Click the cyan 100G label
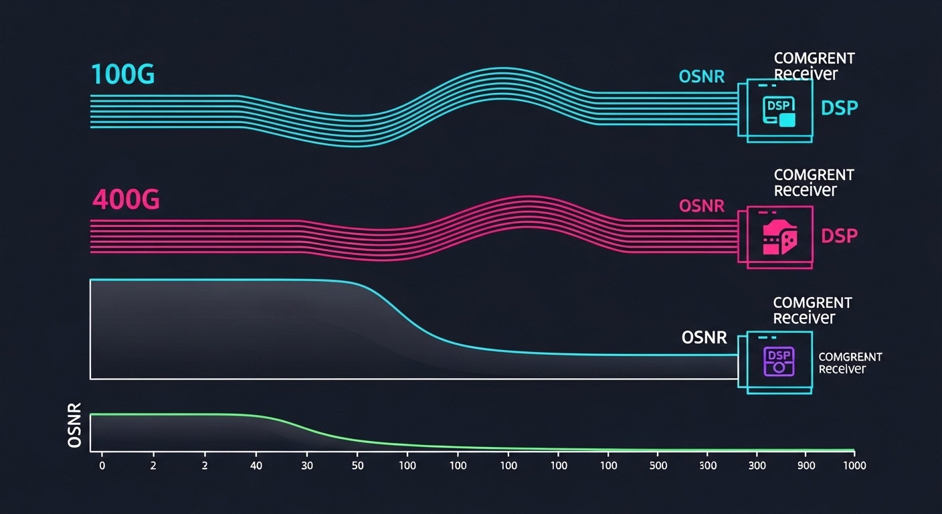coord(122,75)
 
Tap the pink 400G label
coord(126,199)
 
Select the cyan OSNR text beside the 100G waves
coord(701,76)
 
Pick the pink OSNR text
coord(701,205)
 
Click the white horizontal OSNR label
coord(704,337)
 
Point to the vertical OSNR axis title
coord(75,426)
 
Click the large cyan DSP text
coord(839,108)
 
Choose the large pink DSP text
coord(839,236)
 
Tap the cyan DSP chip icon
coord(779,111)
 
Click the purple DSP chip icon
coord(778,361)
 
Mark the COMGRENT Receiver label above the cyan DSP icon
coord(814,66)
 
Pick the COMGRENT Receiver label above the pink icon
coord(814,183)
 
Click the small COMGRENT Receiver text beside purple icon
coord(850,363)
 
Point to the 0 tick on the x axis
coord(102,465)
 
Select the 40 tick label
coord(255,465)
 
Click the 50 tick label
coord(357,465)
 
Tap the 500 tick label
coord(658,465)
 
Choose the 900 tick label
coord(807,465)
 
